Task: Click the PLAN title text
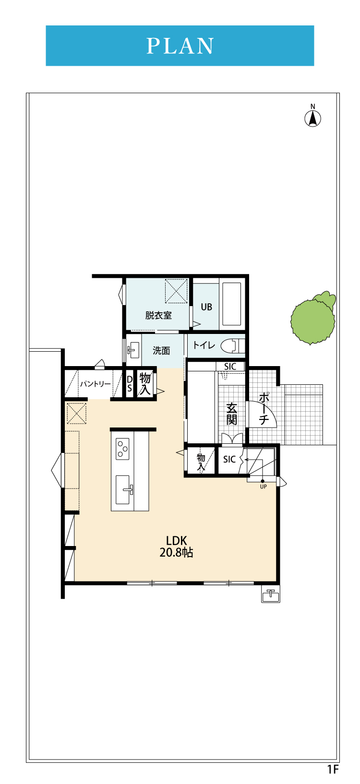pyautogui.click(x=180, y=46)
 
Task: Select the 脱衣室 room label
pyautogui.click(x=158, y=315)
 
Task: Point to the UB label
pyautogui.click(x=206, y=307)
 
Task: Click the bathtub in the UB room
pyautogui.click(x=231, y=304)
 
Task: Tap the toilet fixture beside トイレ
pyautogui.click(x=233, y=346)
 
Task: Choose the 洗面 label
pyautogui.click(x=161, y=350)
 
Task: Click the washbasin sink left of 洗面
pyautogui.click(x=133, y=350)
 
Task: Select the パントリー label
pyautogui.click(x=95, y=384)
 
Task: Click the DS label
pyautogui.click(x=129, y=384)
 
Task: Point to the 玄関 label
pyautogui.click(x=231, y=414)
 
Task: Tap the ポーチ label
pyautogui.click(x=264, y=408)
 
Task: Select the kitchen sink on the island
pyautogui.click(x=124, y=489)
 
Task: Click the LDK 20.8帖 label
pyautogui.click(x=176, y=546)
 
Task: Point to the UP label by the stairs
pyautogui.click(x=264, y=487)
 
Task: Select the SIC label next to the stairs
pyautogui.click(x=229, y=459)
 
